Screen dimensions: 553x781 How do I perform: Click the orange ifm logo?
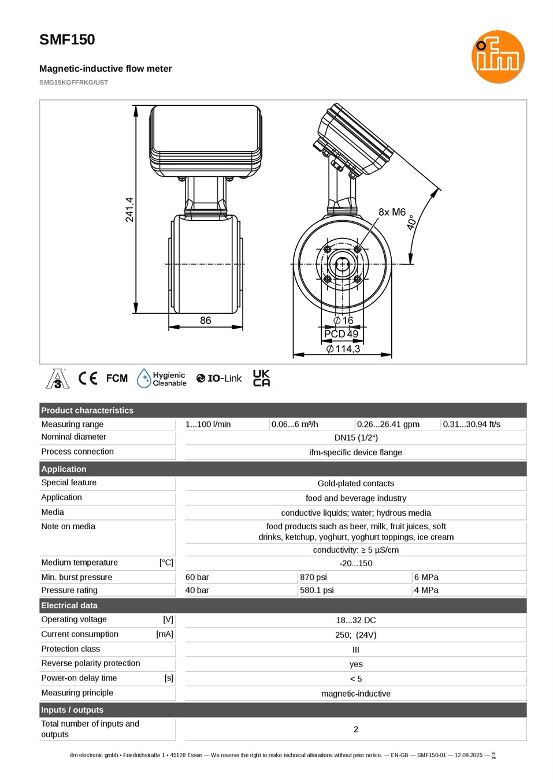click(498, 57)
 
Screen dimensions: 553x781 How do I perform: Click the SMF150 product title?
click(67, 39)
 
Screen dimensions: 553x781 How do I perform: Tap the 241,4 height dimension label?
click(129, 210)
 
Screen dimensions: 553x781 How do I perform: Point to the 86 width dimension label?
click(205, 320)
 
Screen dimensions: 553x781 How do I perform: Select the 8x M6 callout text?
click(392, 211)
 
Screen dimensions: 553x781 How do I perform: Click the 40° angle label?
click(411, 222)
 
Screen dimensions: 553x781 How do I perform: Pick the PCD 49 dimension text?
click(341, 334)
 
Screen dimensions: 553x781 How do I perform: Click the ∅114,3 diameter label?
click(343, 348)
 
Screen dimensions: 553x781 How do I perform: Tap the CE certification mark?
click(88, 378)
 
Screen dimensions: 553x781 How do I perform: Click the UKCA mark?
click(261, 378)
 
